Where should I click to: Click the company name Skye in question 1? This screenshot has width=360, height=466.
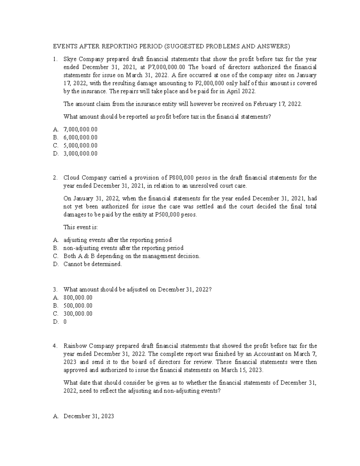point(70,59)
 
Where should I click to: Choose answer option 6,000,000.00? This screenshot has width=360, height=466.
point(80,137)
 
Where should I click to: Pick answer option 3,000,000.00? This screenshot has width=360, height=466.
point(80,154)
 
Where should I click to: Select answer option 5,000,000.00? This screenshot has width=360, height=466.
point(80,146)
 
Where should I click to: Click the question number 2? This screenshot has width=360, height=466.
point(55,178)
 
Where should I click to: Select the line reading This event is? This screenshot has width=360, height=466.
point(81,227)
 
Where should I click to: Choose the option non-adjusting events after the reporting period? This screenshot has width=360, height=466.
point(123,248)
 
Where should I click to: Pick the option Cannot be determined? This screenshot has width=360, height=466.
point(93,264)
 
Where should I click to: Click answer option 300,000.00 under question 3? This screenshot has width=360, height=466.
point(78,314)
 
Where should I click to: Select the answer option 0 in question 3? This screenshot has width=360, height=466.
point(65,322)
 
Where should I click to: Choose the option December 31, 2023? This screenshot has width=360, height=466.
point(89,416)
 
